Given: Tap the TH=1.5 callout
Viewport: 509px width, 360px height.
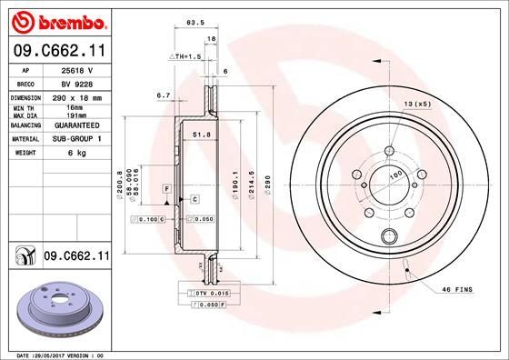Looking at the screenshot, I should pyautogui.click(x=185, y=56).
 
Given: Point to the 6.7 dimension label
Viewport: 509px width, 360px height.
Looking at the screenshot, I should pyautogui.click(x=164, y=94).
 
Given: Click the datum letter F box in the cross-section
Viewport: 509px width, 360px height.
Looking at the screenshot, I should pyautogui.click(x=167, y=187).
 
